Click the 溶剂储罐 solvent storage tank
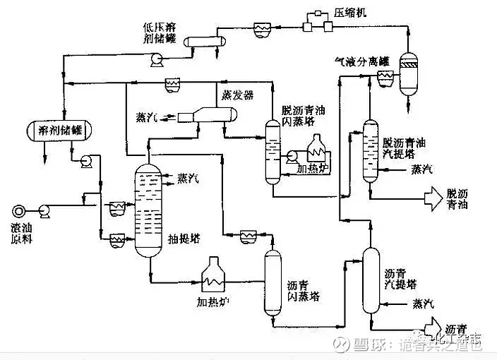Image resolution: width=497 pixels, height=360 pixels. click(x=63, y=130)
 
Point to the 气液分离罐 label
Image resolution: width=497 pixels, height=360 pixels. click(x=362, y=61)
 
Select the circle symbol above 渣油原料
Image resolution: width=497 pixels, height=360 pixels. click(x=19, y=210)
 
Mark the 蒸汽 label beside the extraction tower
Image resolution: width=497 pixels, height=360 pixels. click(x=188, y=178)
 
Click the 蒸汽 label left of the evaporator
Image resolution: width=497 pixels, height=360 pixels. click(x=147, y=116)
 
